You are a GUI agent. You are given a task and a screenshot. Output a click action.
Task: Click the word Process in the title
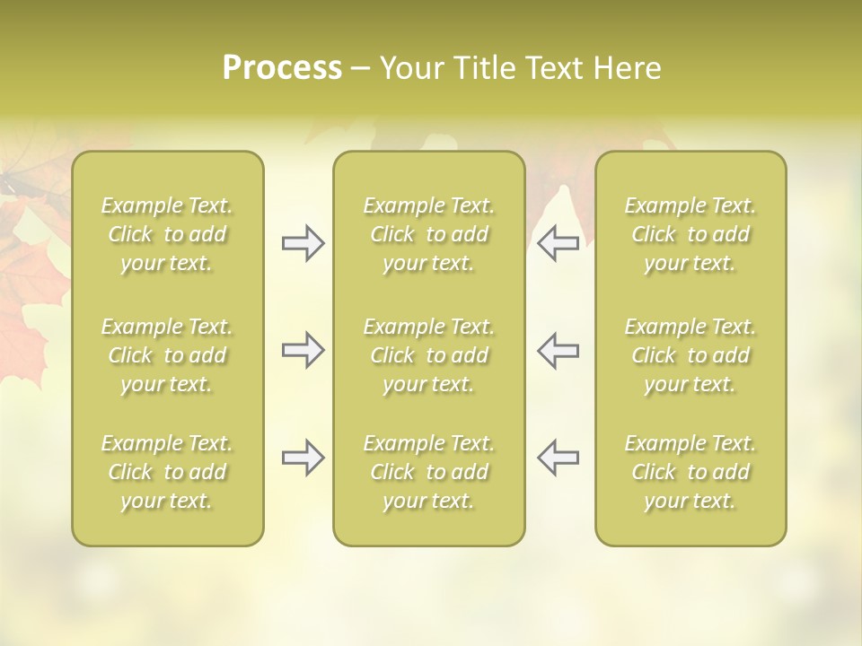point(282,68)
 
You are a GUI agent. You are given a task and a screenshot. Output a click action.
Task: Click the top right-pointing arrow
point(303,243)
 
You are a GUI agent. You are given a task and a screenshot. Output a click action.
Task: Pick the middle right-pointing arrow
point(303,350)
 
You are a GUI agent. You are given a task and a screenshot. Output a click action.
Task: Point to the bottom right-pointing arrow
point(303,458)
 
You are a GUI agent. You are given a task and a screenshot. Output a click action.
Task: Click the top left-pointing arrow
point(558,243)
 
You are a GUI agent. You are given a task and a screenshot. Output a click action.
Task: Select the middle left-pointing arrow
point(558,350)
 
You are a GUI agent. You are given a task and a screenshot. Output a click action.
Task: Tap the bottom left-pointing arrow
point(558,458)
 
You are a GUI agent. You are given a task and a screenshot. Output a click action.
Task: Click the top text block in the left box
point(167,234)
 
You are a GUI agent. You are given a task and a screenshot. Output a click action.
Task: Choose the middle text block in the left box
point(167,355)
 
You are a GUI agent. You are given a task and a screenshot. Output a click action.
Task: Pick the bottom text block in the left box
point(167,472)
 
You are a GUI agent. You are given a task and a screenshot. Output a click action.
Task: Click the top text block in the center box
point(429,234)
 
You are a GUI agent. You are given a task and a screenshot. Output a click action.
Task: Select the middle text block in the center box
point(429,355)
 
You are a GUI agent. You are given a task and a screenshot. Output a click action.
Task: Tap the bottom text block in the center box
point(429,472)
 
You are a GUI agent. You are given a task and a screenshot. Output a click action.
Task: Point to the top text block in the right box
point(690,234)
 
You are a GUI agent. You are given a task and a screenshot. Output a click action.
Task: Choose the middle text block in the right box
point(690,355)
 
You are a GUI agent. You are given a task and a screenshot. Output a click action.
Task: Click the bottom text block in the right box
point(690,472)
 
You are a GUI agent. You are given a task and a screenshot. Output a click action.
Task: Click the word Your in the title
point(408,68)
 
